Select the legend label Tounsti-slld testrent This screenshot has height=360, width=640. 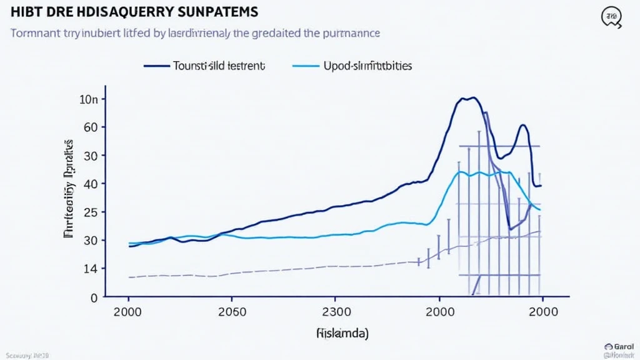218,66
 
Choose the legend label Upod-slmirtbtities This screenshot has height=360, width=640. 367,66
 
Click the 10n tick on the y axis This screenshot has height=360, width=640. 89,99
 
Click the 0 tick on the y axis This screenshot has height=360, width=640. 94,297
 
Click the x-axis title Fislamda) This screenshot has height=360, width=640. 342,334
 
